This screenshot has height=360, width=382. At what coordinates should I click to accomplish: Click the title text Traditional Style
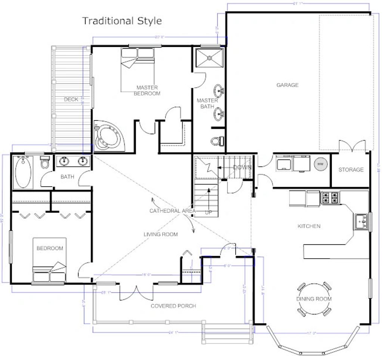pyautogui.click(x=122, y=21)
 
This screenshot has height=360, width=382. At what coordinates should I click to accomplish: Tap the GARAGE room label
pyautogui.click(x=287, y=85)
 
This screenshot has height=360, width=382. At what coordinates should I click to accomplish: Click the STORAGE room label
pyautogui.click(x=351, y=169)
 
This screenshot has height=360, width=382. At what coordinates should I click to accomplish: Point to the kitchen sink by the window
pyautogui.click(x=361, y=222)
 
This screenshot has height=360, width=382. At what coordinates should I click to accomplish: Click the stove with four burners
pyautogui.click(x=330, y=198)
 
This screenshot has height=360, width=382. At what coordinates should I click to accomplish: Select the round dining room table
pyautogui.click(x=314, y=299)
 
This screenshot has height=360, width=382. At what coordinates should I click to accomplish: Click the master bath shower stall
pyautogui.click(x=210, y=58)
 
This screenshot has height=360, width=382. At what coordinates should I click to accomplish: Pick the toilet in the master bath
pyautogui.click(x=217, y=141)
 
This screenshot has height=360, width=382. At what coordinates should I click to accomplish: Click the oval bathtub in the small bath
pyautogui.click(x=24, y=172)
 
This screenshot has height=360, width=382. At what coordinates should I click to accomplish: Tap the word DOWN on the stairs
pyautogui.click(x=242, y=167)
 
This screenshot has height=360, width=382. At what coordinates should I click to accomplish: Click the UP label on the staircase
pyautogui.click(x=208, y=212)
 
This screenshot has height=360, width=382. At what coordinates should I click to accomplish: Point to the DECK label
pyautogui.click(x=71, y=99)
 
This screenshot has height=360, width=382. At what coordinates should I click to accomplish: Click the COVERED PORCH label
pyautogui.click(x=173, y=306)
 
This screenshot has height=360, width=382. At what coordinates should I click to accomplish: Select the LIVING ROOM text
pyautogui.click(x=161, y=234)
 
